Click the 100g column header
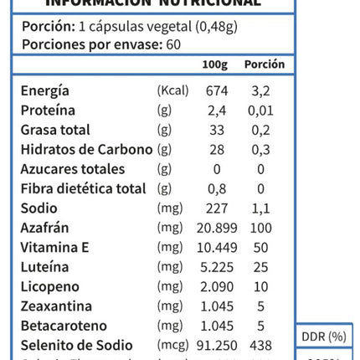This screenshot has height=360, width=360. point(215,64)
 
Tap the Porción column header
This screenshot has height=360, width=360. point(265,64)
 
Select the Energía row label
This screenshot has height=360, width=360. point(45,90)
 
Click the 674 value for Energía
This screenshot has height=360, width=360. point(217,90)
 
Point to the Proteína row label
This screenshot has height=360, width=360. point(48,111)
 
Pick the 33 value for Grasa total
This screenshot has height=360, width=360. point(217,130)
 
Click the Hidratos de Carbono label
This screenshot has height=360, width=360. point(86,149)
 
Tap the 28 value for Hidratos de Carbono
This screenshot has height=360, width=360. point(217,149)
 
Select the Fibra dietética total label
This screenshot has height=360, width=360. point(83,188)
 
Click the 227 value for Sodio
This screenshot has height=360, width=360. point(217,208)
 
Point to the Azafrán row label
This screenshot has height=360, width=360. point(44,228)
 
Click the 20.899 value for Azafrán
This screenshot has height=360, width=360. point(217,228)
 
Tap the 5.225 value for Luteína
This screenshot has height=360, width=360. point(217,267)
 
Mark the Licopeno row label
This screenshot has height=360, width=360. point(50,286)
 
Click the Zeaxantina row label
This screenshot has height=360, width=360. point(56,306)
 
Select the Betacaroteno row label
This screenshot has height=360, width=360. point(64,326)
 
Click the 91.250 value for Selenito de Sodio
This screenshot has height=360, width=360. point(217,345)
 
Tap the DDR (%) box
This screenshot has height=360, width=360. point(323,337)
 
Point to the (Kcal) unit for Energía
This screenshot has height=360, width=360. point(172,90)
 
